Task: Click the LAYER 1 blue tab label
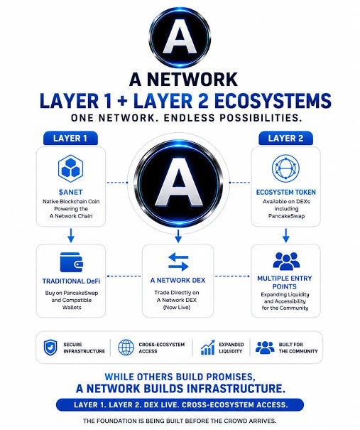click(x=70, y=138)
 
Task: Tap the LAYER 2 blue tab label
click(x=285, y=138)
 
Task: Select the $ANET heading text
click(x=70, y=192)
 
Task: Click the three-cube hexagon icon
click(x=70, y=168)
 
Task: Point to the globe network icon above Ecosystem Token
click(x=285, y=168)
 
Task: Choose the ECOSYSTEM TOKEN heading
click(x=285, y=192)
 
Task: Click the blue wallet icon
click(x=72, y=262)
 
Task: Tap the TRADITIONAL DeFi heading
click(x=71, y=281)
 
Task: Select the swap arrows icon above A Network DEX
click(x=178, y=262)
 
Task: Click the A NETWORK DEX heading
click(x=178, y=280)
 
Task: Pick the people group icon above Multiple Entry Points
click(x=286, y=261)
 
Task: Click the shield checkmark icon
click(x=50, y=348)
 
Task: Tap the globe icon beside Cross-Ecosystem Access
click(x=126, y=347)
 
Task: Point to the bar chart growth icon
click(x=207, y=348)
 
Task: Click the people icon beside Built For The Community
click(x=265, y=347)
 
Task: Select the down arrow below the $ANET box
click(x=71, y=235)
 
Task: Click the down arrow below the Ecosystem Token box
click(x=285, y=235)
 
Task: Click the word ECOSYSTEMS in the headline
click(x=273, y=101)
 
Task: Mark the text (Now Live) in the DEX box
click(x=177, y=308)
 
